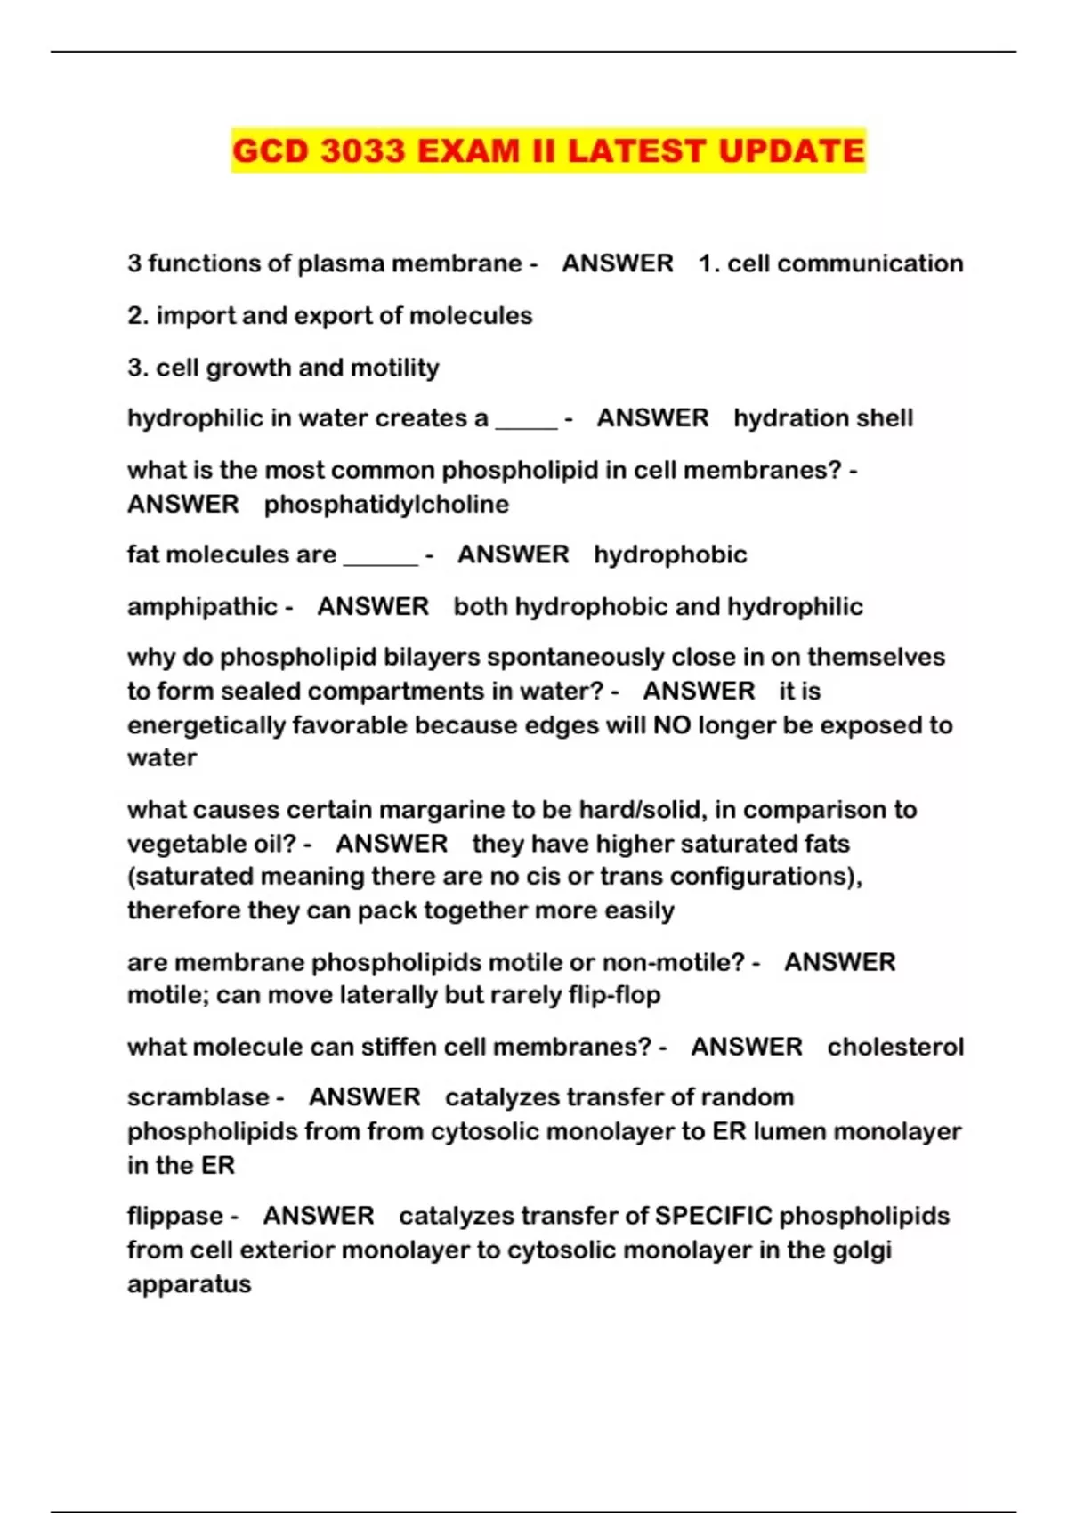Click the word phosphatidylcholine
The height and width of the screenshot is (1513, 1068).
point(386,504)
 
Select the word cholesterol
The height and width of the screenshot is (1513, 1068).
point(895,1047)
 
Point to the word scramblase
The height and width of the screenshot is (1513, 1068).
point(198,1097)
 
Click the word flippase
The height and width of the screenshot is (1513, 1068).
point(175,1216)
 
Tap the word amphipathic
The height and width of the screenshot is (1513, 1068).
point(202,607)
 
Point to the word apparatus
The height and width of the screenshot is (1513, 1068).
point(189,1284)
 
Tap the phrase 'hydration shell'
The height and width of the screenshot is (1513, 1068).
point(823,418)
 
